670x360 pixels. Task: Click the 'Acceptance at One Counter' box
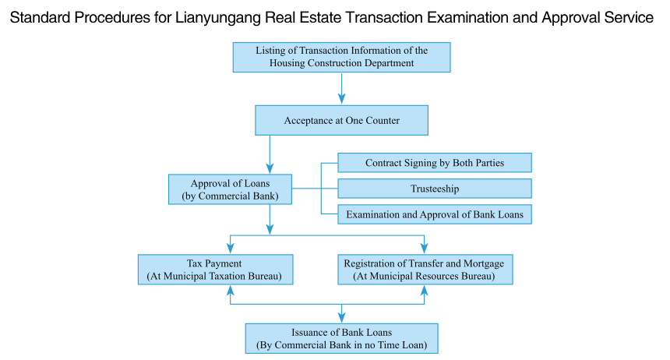coord(341,121)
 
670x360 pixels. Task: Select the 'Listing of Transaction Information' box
coord(341,57)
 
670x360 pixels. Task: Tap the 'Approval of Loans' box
coord(231,189)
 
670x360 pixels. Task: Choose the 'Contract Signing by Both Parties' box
coord(434,163)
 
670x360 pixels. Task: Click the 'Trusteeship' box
coord(434,189)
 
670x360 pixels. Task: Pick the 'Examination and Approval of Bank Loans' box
coord(434,214)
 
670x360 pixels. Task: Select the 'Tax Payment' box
coord(215,270)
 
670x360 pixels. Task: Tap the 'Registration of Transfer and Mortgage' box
coord(424,270)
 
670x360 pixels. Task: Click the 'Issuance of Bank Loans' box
coord(341,338)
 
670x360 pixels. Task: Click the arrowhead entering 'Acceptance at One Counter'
coord(341,99)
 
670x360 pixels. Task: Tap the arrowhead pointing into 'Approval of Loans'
coord(270,168)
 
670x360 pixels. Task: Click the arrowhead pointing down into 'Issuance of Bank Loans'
coord(341,317)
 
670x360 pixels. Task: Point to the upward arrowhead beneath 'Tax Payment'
coord(231,290)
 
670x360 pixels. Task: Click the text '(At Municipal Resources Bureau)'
coord(424,276)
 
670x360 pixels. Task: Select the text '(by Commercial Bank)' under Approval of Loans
coord(231,196)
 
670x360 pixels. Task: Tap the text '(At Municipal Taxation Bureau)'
coord(215,276)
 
